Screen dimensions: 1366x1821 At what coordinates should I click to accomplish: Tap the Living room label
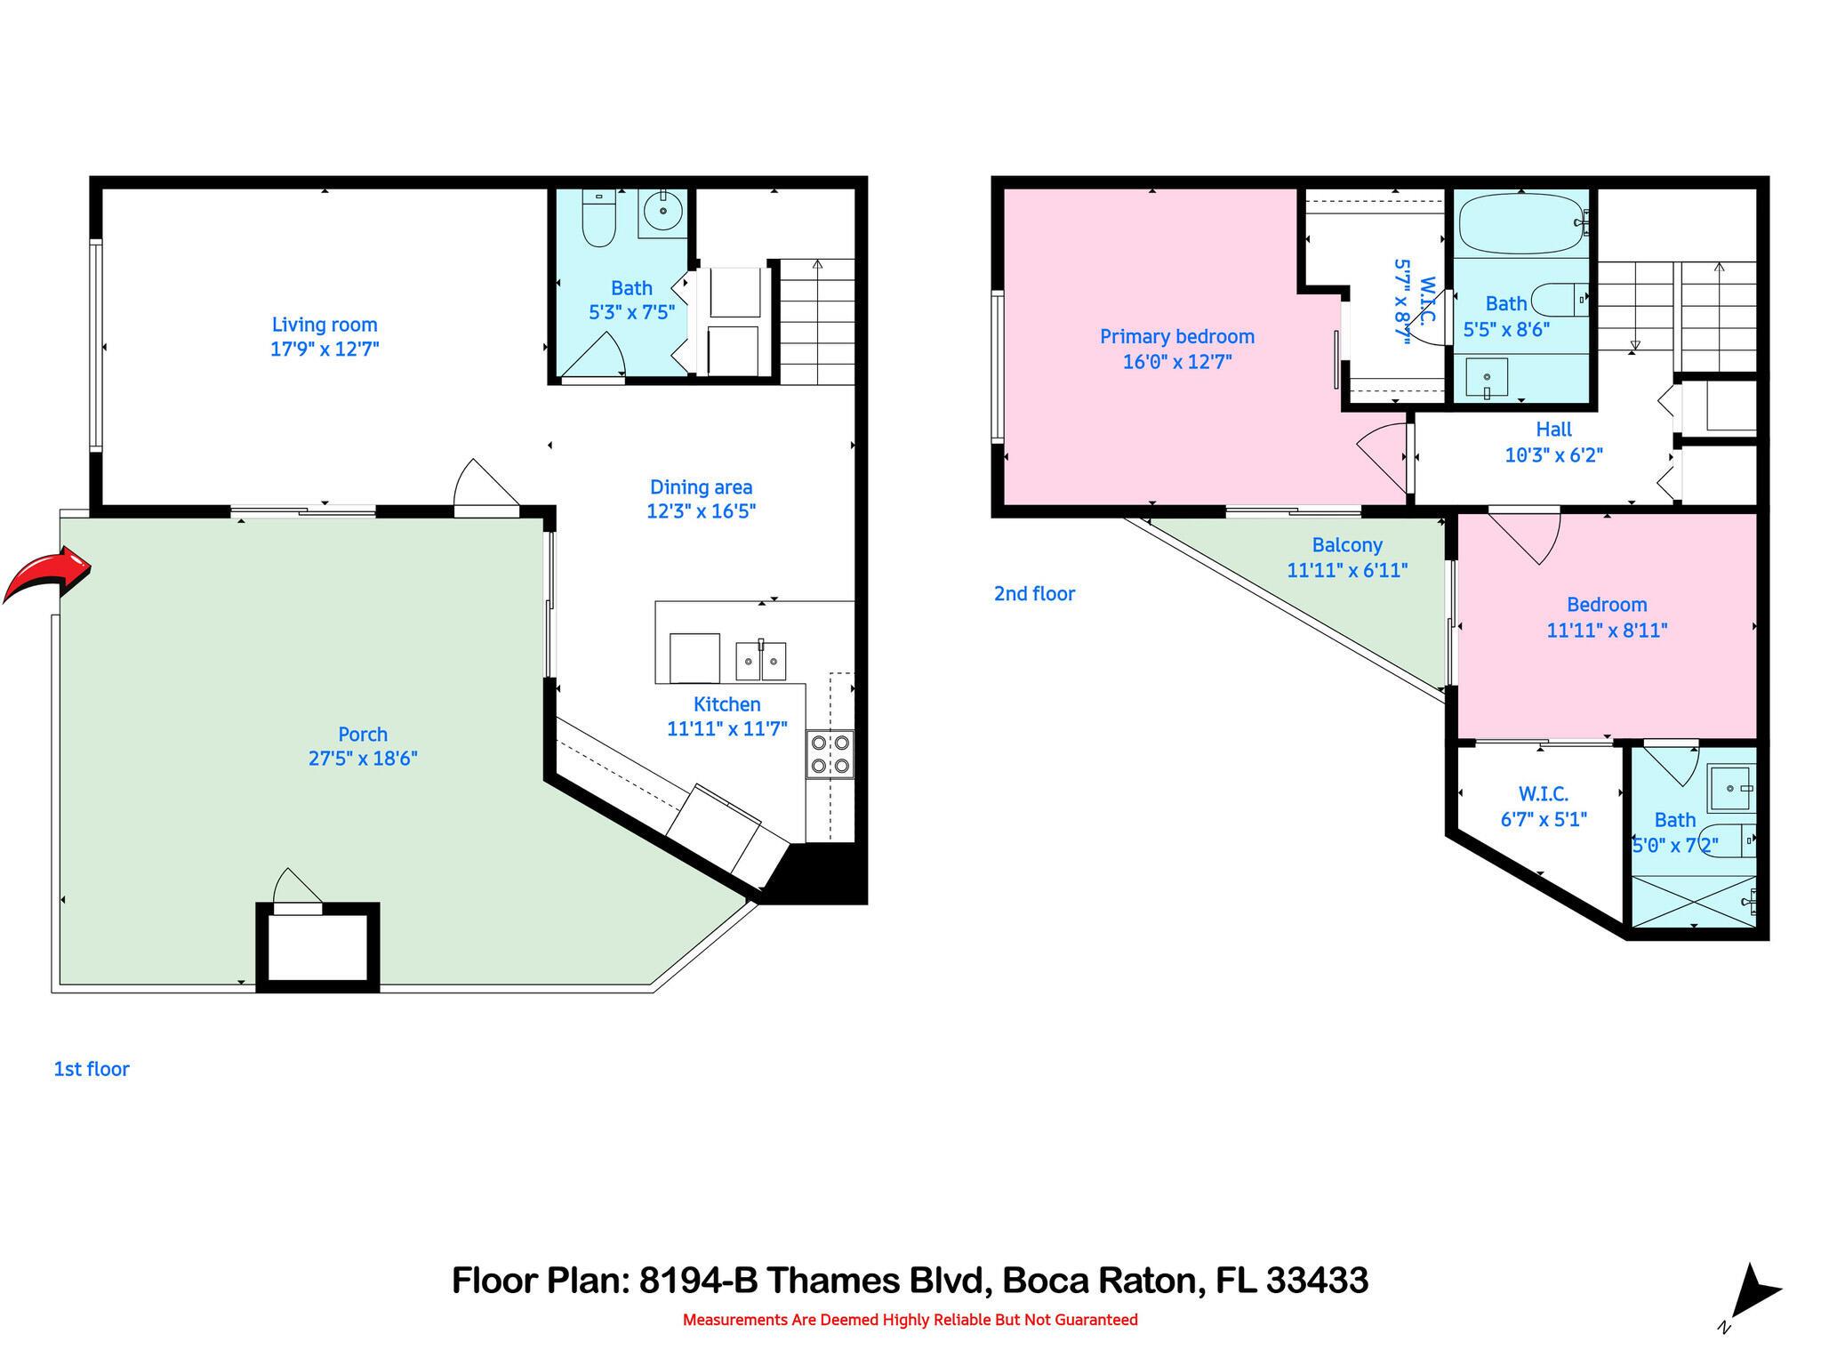(325, 325)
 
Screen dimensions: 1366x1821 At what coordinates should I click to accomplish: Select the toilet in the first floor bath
(598, 220)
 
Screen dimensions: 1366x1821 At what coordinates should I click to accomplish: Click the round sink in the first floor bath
(662, 212)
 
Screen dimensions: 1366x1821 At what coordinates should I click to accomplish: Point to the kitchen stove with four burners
(830, 753)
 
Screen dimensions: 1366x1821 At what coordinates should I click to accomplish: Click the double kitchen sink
(761, 660)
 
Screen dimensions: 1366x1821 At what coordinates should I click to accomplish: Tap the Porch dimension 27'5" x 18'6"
(363, 759)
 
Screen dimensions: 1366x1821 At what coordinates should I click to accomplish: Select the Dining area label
(701, 487)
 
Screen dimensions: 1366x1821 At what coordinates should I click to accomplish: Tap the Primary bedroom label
(1176, 336)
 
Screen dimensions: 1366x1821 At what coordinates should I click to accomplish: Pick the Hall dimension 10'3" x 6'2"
(1552, 455)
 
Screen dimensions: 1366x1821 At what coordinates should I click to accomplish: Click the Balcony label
(1347, 545)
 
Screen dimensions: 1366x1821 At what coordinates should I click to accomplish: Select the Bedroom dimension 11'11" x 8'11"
(1606, 631)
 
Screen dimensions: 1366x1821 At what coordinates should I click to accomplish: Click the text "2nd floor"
(1034, 593)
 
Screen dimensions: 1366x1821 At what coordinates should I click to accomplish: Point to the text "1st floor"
(92, 1069)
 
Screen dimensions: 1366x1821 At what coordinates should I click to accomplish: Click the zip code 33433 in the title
(1317, 1281)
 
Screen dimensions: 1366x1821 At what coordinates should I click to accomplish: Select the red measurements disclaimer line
(910, 1320)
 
